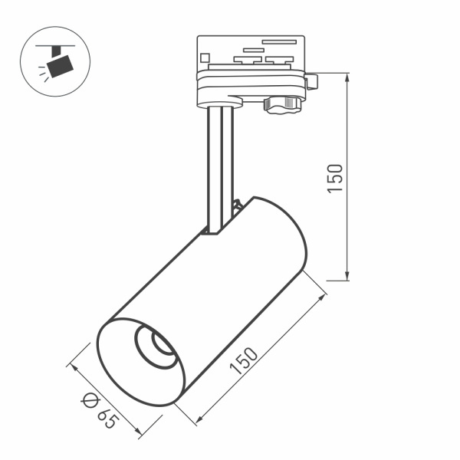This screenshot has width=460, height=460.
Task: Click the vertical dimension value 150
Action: [335, 178]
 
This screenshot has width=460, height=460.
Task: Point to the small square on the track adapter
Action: [205, 57]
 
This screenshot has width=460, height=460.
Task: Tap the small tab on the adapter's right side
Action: [311, 80]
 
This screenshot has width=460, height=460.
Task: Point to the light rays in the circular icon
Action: [43, 74]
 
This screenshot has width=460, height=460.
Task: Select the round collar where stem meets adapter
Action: [222, 101]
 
